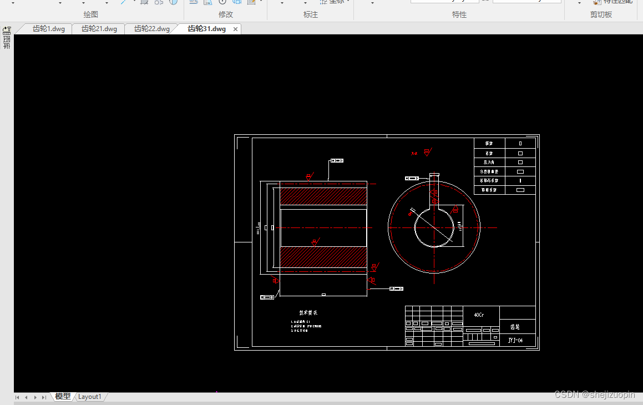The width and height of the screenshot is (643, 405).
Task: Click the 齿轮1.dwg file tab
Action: tap(49, 29)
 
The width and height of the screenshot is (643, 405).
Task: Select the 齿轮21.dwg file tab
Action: tap(99, 29)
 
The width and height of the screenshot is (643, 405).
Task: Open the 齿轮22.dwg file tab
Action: tap(152, 29)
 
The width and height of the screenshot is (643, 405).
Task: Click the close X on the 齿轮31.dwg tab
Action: tap(236, 29)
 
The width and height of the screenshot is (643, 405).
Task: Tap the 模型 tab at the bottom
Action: tap(63, 397)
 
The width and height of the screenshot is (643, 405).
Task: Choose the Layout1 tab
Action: tap(89, 397)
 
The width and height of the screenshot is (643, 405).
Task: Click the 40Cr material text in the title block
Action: tap(478, 315)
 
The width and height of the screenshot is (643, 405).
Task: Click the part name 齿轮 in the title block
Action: tap(515, 327)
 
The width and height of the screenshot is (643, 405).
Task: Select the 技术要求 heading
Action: tap(308, 313)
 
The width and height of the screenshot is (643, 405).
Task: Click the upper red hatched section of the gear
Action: tap(323, 196)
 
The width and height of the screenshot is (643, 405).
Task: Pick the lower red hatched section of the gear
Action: tap(323, 256)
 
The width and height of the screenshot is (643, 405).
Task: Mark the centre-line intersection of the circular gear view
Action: tap(434, 227)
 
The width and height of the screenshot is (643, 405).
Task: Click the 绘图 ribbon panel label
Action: tap(91, 14)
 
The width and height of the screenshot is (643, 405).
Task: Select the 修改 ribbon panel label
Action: tap(226, 14)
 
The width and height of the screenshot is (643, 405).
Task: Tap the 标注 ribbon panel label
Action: tap(311, 14)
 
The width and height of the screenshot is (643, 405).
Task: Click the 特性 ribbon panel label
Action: tap(459, 14)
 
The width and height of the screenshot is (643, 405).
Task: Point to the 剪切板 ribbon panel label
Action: tap(601, 14)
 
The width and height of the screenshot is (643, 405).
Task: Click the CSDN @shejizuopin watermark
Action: tap(594, 394)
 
